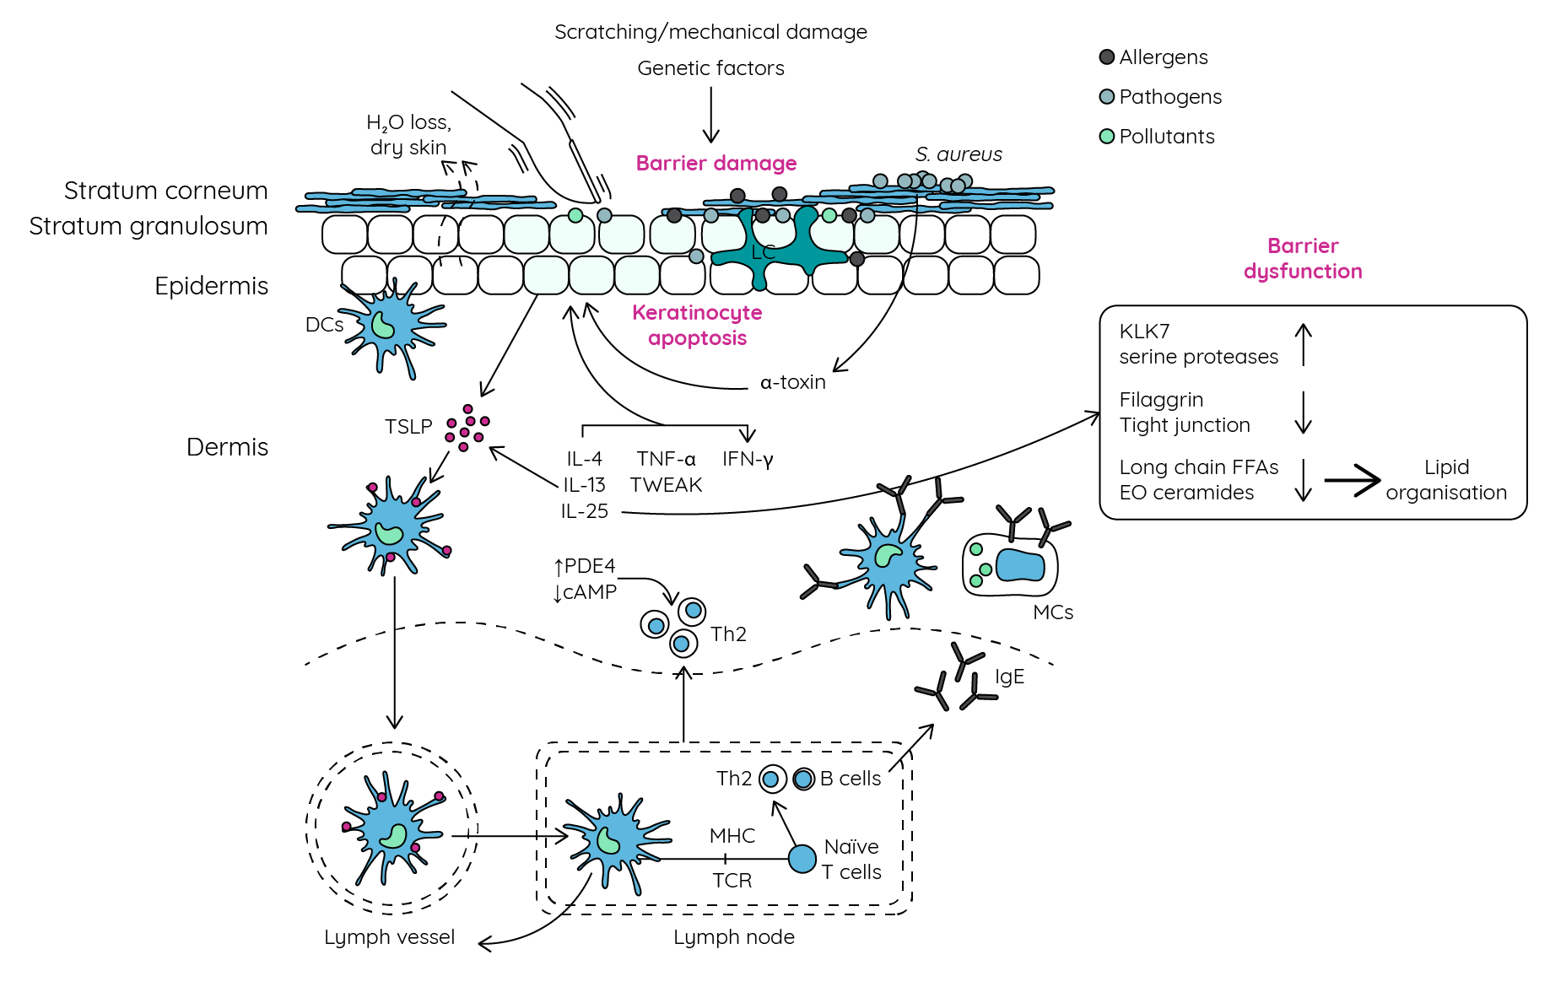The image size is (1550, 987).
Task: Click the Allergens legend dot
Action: point(1107,57)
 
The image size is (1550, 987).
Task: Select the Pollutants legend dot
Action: point(1107,137)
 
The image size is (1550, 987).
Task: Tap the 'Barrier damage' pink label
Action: point(716,163)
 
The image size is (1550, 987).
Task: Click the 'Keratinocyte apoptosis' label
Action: point(697,325)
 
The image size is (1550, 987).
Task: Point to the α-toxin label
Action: point(792,382)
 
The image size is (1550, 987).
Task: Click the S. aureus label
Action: point(959,154)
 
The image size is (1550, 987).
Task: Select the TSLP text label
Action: point(408,427)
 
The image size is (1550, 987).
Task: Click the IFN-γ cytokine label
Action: point(748,459)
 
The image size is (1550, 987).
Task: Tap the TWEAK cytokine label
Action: point(666,485)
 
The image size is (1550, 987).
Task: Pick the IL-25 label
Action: point(584,511)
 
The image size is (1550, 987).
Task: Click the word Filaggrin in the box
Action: point(1161,400)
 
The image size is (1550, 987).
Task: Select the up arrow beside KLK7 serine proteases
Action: point(1304,344)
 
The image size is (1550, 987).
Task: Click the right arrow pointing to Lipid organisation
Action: point(1352,480)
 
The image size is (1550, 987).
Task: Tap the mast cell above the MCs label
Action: point(1010,564)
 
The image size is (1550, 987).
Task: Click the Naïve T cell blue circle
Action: point(802,859)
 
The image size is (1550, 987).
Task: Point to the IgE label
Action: point(1009,677)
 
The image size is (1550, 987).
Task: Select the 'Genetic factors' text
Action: point(710,68)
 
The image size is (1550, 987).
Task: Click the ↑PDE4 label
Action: point(584,566)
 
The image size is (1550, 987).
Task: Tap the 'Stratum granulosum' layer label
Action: point(149,226)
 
